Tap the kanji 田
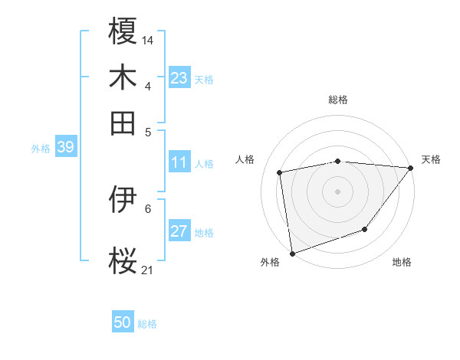(123, 123)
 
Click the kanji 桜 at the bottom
(123, 260)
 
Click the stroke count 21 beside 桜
(148, 269)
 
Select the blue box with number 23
(179, 78)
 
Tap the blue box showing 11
(179, 162)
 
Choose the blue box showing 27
(179, 231)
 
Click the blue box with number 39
(65, 147)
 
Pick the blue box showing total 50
(123, 322)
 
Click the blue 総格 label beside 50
(147, 324)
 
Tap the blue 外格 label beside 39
(41, 149)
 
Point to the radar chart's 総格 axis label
(338, 100)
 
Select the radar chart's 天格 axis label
(431, 159)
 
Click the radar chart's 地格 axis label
(402, 263)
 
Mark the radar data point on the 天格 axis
(411, 168)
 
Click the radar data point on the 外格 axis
(292, 253)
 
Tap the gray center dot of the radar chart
(338, 191)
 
